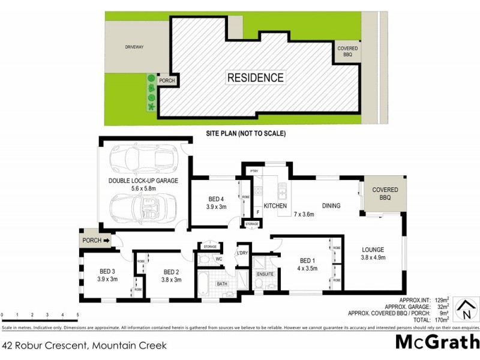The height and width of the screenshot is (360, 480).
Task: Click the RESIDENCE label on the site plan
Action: coord(255,77)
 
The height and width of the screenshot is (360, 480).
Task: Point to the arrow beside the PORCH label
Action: coord(107,241)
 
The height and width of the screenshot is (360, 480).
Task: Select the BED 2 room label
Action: coord(172,275)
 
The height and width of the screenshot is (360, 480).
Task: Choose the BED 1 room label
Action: coord(307,264)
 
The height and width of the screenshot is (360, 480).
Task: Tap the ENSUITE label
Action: coord(265,274)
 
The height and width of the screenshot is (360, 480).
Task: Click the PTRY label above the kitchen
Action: coord(253,172)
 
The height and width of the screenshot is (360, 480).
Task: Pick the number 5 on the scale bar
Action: coord(78,315)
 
